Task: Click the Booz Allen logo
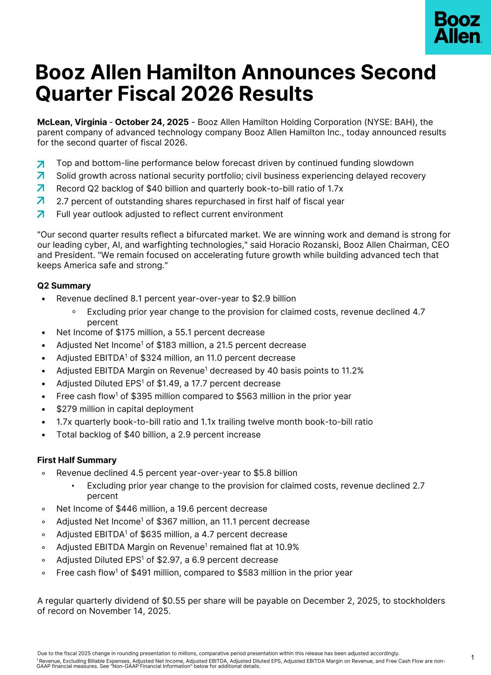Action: click(457, 28)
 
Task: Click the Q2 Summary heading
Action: click(64, 286)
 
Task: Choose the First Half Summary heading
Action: click(77, 460)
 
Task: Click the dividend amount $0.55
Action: click(173, 601)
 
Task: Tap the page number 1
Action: click(472, 658)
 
